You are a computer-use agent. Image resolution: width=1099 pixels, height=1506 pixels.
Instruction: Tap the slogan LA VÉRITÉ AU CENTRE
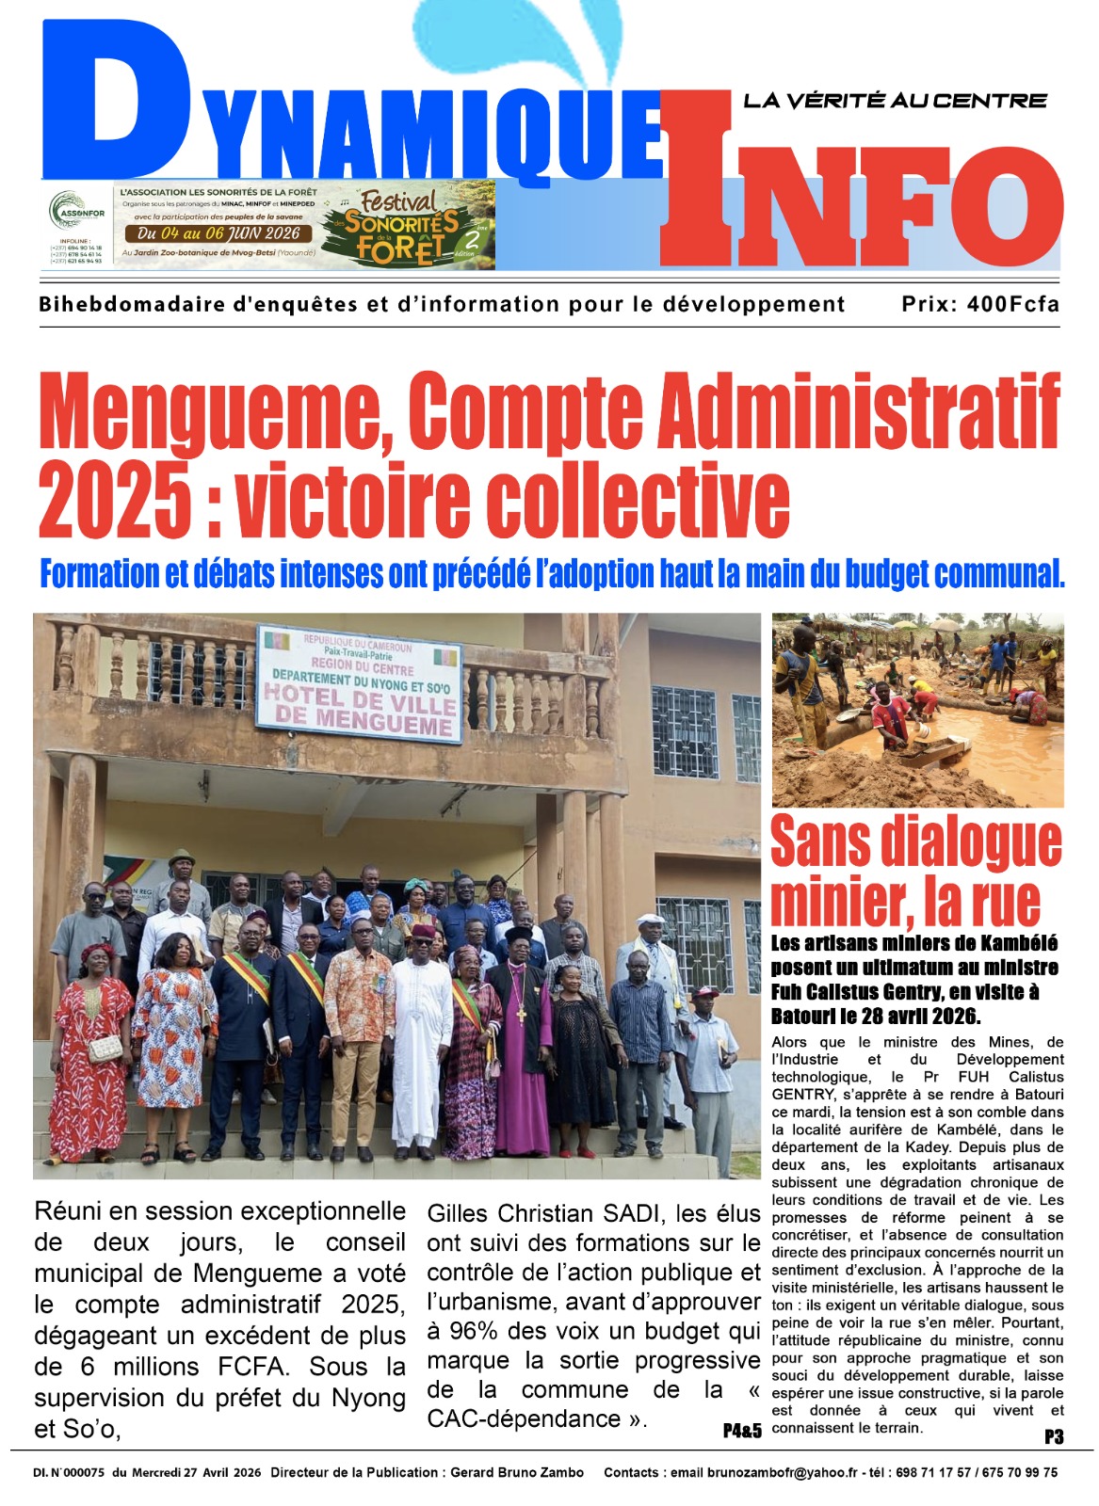[895, 100]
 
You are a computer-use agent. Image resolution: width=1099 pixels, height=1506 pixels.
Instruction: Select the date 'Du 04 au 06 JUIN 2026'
[218, 233]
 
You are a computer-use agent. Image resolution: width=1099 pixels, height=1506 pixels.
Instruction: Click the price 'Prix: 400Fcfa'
[979, 304]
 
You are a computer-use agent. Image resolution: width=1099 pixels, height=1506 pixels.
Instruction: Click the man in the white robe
[422, 1035]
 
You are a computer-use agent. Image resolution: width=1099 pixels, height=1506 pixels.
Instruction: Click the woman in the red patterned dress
[91, 1054]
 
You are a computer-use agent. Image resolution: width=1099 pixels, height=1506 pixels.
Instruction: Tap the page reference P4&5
[742, 1431]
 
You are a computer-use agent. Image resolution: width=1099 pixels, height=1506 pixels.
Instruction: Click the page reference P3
[1053, 1436]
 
